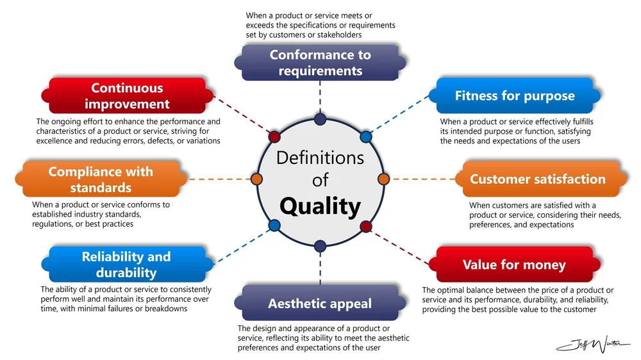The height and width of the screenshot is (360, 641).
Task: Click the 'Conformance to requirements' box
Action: (320, 63)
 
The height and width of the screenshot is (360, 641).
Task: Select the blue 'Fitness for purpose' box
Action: (515, 96)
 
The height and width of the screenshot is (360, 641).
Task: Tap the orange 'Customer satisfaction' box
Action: (537, 179)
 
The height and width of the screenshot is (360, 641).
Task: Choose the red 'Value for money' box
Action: (514, 265)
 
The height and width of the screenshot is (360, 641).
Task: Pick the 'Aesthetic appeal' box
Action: (320, 303)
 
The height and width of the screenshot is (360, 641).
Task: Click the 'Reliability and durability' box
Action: (126, 265)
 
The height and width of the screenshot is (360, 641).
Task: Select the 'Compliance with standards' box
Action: (101, 179)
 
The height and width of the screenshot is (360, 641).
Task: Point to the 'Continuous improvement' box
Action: (127, 96)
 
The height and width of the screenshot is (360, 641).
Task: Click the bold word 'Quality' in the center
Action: (320, 206)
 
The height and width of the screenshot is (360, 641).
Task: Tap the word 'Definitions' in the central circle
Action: (320, 157)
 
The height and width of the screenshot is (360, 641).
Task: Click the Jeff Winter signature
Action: (593, 345)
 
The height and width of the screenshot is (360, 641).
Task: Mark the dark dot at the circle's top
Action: (320, 119)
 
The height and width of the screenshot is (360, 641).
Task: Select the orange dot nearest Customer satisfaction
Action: (384, 178)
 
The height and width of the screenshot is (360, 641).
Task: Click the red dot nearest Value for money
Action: (366, 225)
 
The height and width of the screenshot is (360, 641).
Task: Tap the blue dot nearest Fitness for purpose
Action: (366, 136)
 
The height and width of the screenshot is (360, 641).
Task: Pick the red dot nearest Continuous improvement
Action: (274, 136)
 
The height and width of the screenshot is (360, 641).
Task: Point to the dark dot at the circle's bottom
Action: (320, 244)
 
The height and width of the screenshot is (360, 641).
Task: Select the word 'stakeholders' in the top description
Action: (337, 35)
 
